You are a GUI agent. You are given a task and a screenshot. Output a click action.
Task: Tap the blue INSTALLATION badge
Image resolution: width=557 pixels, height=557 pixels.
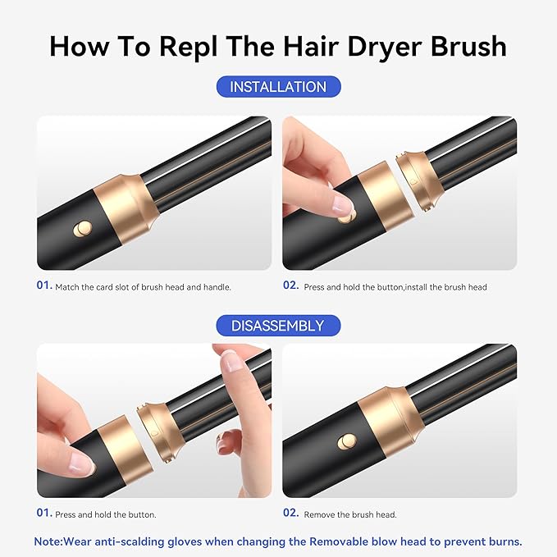click(x=277, y=87)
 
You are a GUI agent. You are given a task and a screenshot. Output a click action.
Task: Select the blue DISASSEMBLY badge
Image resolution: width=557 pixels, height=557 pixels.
click(x=277, y=326)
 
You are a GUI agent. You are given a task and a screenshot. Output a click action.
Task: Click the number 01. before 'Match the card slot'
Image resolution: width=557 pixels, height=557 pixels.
click(x=43, y=286)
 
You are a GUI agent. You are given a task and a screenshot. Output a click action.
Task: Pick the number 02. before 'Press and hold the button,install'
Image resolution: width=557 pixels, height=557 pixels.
click(x=290, y=286)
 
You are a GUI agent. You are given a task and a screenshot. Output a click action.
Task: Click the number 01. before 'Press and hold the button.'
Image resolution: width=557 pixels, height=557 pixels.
click(x=43, y=514)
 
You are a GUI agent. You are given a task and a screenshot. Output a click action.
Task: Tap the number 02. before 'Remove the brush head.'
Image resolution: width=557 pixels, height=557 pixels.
click(x=290, y=514)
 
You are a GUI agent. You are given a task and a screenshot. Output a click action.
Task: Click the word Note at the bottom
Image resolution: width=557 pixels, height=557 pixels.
click(x=50, y=541)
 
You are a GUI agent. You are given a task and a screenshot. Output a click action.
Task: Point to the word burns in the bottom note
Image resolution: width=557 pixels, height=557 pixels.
click(x=503, y=541)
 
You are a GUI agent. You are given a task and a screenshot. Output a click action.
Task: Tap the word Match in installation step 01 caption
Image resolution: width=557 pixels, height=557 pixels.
click(x=67, y=287)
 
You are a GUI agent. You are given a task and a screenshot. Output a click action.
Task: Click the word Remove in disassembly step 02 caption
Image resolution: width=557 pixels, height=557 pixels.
click(x=320, y=515)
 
